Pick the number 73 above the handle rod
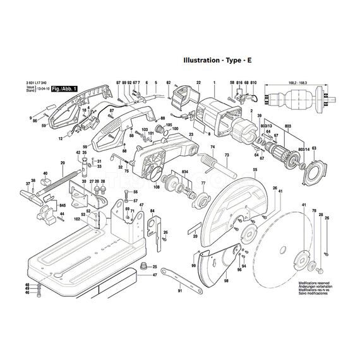(x=227, y=155)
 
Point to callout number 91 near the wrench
(x=179, y=291)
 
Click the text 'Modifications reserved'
(x=313, y=284)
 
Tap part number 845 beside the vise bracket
(x=63, y=206)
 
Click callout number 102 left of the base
(x=76, y=219)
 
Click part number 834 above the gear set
(x=184, y=172)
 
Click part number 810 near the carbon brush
(x=253, y=83)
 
